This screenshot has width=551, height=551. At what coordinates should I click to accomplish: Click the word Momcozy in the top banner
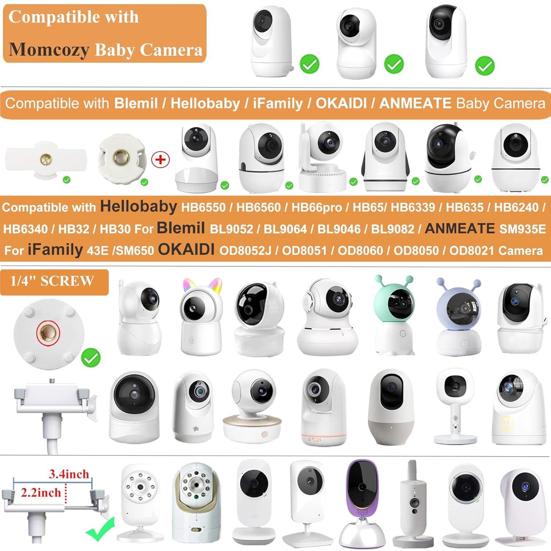pyautogui.click(x=48, y=50)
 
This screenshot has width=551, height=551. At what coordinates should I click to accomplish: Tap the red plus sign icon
pyautogui.click(x=161, y=160)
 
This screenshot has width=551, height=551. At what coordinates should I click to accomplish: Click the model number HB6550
pyautogui.click(x=203, y=208)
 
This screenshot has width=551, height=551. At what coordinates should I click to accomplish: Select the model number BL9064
pyautogui.click(x=285, y=229)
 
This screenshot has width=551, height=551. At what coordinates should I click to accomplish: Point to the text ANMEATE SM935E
pyautogui.click(x=485, y=229)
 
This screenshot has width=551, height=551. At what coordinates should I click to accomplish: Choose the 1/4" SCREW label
pyautogui.click(x=52, y=281)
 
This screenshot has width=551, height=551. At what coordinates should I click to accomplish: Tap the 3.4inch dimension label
pyautogui.click(x=69, y=474)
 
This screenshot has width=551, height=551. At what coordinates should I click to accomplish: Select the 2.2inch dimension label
pyautogui.click(x=41, y=493)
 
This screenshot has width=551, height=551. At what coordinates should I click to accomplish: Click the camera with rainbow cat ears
pyautogui.click(x=201, y=316)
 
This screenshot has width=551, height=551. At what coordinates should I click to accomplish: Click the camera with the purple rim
pyautogui.click(x=362, y=503)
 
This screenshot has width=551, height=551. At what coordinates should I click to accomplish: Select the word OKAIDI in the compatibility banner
pyautogui.click(x=341, y=104)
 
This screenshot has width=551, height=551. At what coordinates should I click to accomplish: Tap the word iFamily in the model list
pyautogui.click(x=55, y=250)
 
